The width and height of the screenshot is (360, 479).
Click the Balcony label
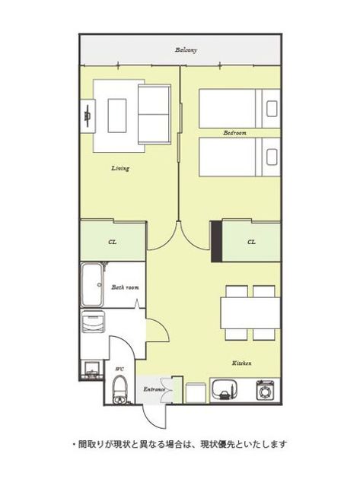pyautogui.click(x=186, y=49)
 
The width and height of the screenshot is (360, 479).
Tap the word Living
pyautogui.click(x=120, y=168)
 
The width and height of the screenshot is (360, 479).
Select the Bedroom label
pyautogui.click(x=234, y=133)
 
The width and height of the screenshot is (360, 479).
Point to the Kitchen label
pyautogui.click(x=241, y=363)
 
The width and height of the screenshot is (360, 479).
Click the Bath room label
pyautogui.click(x=125, y=287)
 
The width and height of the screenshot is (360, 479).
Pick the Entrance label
pyautogui.click(x=155, y=389)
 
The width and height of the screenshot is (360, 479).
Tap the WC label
pyautogui.click(x=119, y=369)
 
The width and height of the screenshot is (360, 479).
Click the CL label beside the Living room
pyautogui.click(x=113, y=243)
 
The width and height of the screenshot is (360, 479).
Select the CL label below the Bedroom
pyautogui.click(x=251, y=242)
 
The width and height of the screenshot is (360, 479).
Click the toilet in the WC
pyautogui.click(x=120, y=389)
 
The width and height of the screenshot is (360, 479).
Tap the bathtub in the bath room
pyautogui.click(x=92, y=285)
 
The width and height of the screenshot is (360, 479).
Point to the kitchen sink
pyautogui.click(x=224, y=390)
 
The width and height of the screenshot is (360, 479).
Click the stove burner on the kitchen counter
pyautogui.click(x=264, y=390)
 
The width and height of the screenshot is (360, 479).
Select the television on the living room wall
pyautogui.click(x=88, y=116)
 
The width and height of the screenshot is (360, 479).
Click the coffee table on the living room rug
pyautogui.click(x=117, y=116)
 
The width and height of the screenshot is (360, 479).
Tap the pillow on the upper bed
pyautogui.click(x=272, y=109)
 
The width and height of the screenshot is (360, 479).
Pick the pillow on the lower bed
pyautogui.click(x=272, y=157)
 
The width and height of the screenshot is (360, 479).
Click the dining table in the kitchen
pyautogui.click(x=250, y=312)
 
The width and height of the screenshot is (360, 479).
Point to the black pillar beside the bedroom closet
pyautogui.click(x=217, y=241)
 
